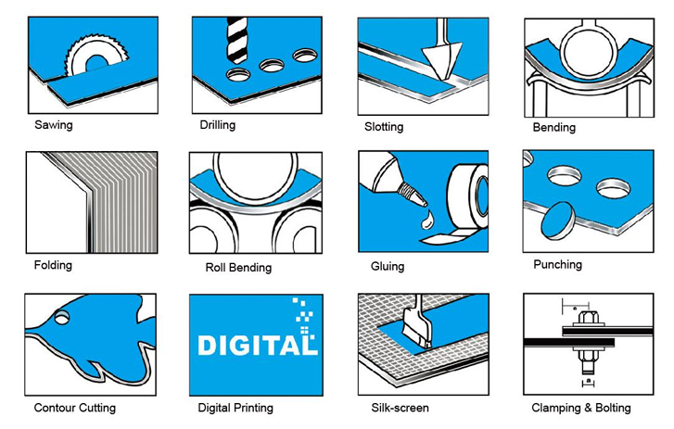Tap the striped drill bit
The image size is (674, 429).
click(236, 41)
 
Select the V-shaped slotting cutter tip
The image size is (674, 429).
click(441, 60)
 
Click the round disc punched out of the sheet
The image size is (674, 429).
click(558, 221)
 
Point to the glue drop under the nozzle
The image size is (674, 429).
click(426, 220)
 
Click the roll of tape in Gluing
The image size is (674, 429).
click(467, 196)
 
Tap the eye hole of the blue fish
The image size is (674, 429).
click(61, 317)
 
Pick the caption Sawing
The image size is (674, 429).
click(54, 125)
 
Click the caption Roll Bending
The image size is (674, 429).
click(238, 268)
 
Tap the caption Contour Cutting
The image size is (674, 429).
click(75, 408)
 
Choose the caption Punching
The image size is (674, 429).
click(557, 264)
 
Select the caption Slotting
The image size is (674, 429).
click(384, 127)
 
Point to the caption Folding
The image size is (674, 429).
click(53, 265)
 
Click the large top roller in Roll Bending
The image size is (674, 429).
click(255, 175)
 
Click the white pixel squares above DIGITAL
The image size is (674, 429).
click(304, 316)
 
